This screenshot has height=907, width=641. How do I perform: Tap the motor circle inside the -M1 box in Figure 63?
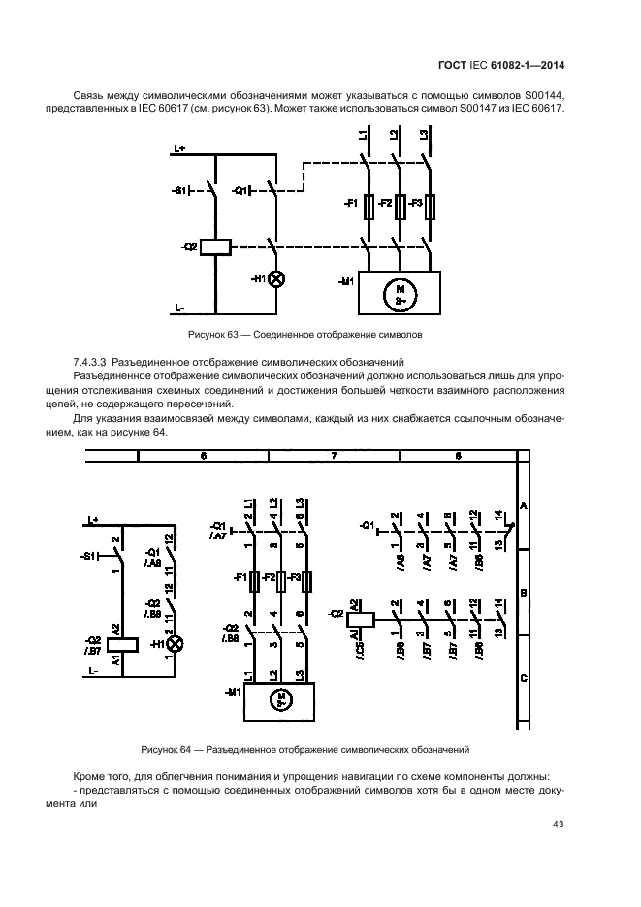click(399, 293)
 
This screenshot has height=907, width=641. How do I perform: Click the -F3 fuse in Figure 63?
click(431, 205)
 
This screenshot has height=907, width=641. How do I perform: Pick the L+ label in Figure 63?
click(179, 147)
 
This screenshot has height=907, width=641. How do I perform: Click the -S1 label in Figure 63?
click(178, 190)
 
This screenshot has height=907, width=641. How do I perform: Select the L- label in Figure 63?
click(179, 308)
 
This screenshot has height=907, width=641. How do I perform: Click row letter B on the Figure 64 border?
click(524, 592)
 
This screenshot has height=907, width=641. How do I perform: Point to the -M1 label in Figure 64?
click(232, 692)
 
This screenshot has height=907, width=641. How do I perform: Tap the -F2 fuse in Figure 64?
click(279, 581)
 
